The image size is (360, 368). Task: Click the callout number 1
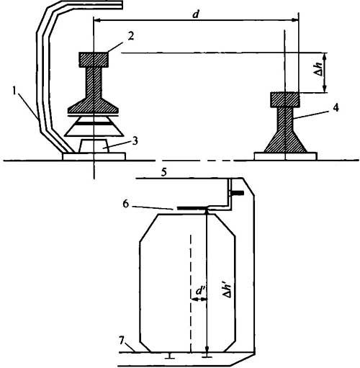click(x=16, y=91)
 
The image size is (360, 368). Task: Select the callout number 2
click(x=131, y=37)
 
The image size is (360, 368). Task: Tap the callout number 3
click(x=135, y=141)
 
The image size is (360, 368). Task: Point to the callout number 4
click(x=336, y=108)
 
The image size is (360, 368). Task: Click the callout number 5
click(x=163, y=173)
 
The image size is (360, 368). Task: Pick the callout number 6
click(x=126, y=204)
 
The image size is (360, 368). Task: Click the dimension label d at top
click(x=196, y=14)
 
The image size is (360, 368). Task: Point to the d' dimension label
click(x=199, y=291)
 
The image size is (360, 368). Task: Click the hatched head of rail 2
click(x=94, y=60)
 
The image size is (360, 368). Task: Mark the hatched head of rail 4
click(x=285, y=99)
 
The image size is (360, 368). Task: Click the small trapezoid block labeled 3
click(x=94, y=145)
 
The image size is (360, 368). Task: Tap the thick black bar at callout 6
click(x=192, y=208)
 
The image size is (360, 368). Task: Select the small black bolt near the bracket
click(x=236, y=193)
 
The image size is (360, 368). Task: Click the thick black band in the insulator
click(x=94, y=123)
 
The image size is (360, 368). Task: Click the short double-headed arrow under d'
click(x=199, y=299)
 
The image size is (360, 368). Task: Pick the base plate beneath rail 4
click(x=285, y=156)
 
